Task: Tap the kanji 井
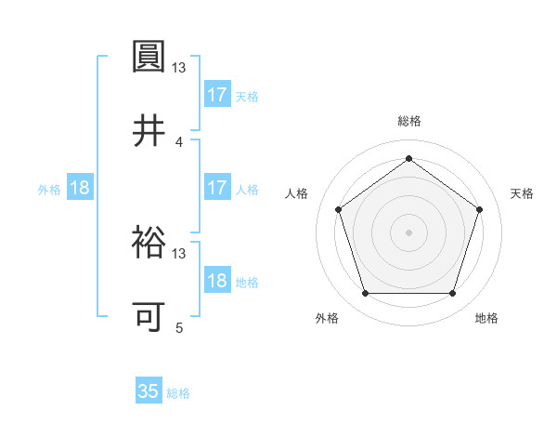(149, 131)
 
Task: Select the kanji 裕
(149, 244)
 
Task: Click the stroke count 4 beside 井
(179, 141)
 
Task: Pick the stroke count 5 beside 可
(179, 327)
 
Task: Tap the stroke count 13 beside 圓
(179, 67)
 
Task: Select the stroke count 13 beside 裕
(179, 253)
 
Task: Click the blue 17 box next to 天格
(217, 95)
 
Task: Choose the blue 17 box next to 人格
(217, 188)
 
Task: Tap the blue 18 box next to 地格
(217, 281)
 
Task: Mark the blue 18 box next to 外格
(80, 188)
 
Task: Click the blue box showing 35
(149, 391)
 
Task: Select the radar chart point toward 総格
(408, 158)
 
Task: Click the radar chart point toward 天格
(479, 209)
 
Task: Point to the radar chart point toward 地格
(452, 294)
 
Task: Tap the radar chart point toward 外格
(365, 294)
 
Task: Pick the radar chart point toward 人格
(338, 209)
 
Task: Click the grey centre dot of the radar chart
(408, 232)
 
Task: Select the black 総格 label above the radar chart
(408, 121)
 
